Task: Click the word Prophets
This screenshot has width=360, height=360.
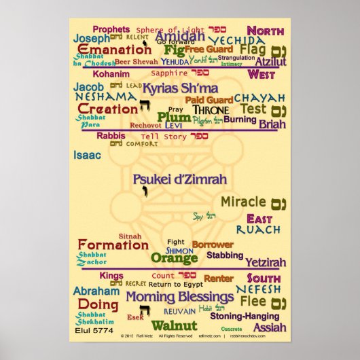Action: [x=111, y=29]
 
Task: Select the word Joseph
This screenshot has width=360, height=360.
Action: [x=91, y=39]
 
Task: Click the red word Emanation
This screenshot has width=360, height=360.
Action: [x=114, y=50]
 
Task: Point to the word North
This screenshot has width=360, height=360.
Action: [x=265, y=31]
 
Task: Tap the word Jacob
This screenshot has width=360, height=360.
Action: [x=88, y=87]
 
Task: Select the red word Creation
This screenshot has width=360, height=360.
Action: [x=107, y=109]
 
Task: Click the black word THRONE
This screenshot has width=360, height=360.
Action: [x=211, y=109]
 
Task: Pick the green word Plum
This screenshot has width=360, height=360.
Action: [x=174, y=118]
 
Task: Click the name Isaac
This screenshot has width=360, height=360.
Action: [x=87, y=156]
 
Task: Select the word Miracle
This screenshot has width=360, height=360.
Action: [x=243, y=202]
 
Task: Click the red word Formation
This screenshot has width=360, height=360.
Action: [x=113, y=245]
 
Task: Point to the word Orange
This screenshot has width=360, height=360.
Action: [x=174, y=258]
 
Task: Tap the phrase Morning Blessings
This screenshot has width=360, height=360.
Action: [x=170, y=297]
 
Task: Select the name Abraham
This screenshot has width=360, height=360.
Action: [x=96, y=291]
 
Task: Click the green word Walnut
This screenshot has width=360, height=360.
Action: [x=174, y=325]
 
